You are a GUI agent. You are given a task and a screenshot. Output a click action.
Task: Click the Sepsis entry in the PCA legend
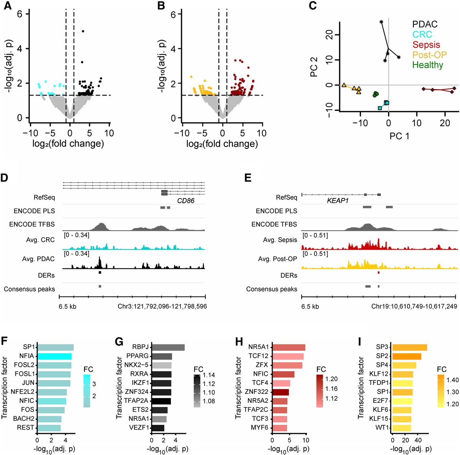point(426,45)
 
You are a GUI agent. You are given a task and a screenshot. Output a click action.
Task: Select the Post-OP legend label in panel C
point(429,55)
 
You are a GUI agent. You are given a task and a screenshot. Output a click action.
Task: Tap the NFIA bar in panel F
point(55,356)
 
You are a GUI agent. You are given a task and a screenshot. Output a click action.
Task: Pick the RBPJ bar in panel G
point(168,347)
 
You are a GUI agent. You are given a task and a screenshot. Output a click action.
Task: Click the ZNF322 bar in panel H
point(281,392)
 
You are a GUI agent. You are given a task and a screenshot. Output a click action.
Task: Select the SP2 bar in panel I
point(407,356)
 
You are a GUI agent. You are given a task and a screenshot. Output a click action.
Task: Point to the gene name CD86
point(186,201)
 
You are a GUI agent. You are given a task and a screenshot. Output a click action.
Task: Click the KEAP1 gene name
point(337,201)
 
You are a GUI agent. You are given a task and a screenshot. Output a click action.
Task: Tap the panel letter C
point(313,6)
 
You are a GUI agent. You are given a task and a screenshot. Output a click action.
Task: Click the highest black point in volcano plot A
point(83,31)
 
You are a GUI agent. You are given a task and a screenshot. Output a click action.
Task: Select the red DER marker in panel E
point(378,273)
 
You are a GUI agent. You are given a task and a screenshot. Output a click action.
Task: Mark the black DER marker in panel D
point(100,273)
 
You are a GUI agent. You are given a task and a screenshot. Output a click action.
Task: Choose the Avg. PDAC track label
point(38,259)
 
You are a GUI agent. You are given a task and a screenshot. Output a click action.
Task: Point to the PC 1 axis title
point(399,136)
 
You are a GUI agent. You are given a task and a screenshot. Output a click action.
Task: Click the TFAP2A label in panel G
point(136,400)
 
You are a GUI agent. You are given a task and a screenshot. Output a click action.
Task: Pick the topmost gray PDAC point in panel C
point(381,22)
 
